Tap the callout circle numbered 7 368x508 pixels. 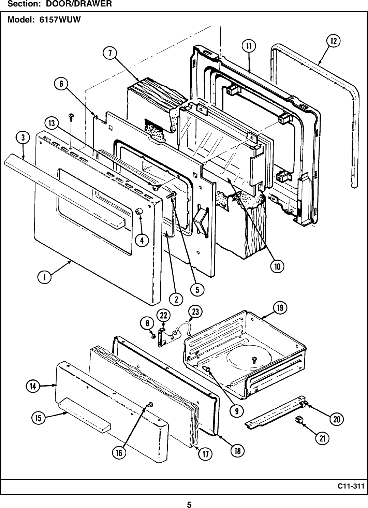click(x=109, y=54)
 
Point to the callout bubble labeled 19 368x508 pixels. click(x=280, y=308)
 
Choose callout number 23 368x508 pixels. click(x=195, y=311)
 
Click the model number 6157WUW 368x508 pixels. click(x=58, y=20)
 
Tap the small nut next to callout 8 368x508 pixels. click(x=154, y=337)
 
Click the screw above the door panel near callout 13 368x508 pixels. click(x=72, y=116)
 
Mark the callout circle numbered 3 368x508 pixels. click(x=23, y=138)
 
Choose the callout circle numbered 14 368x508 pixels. click(x=33, y=386)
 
